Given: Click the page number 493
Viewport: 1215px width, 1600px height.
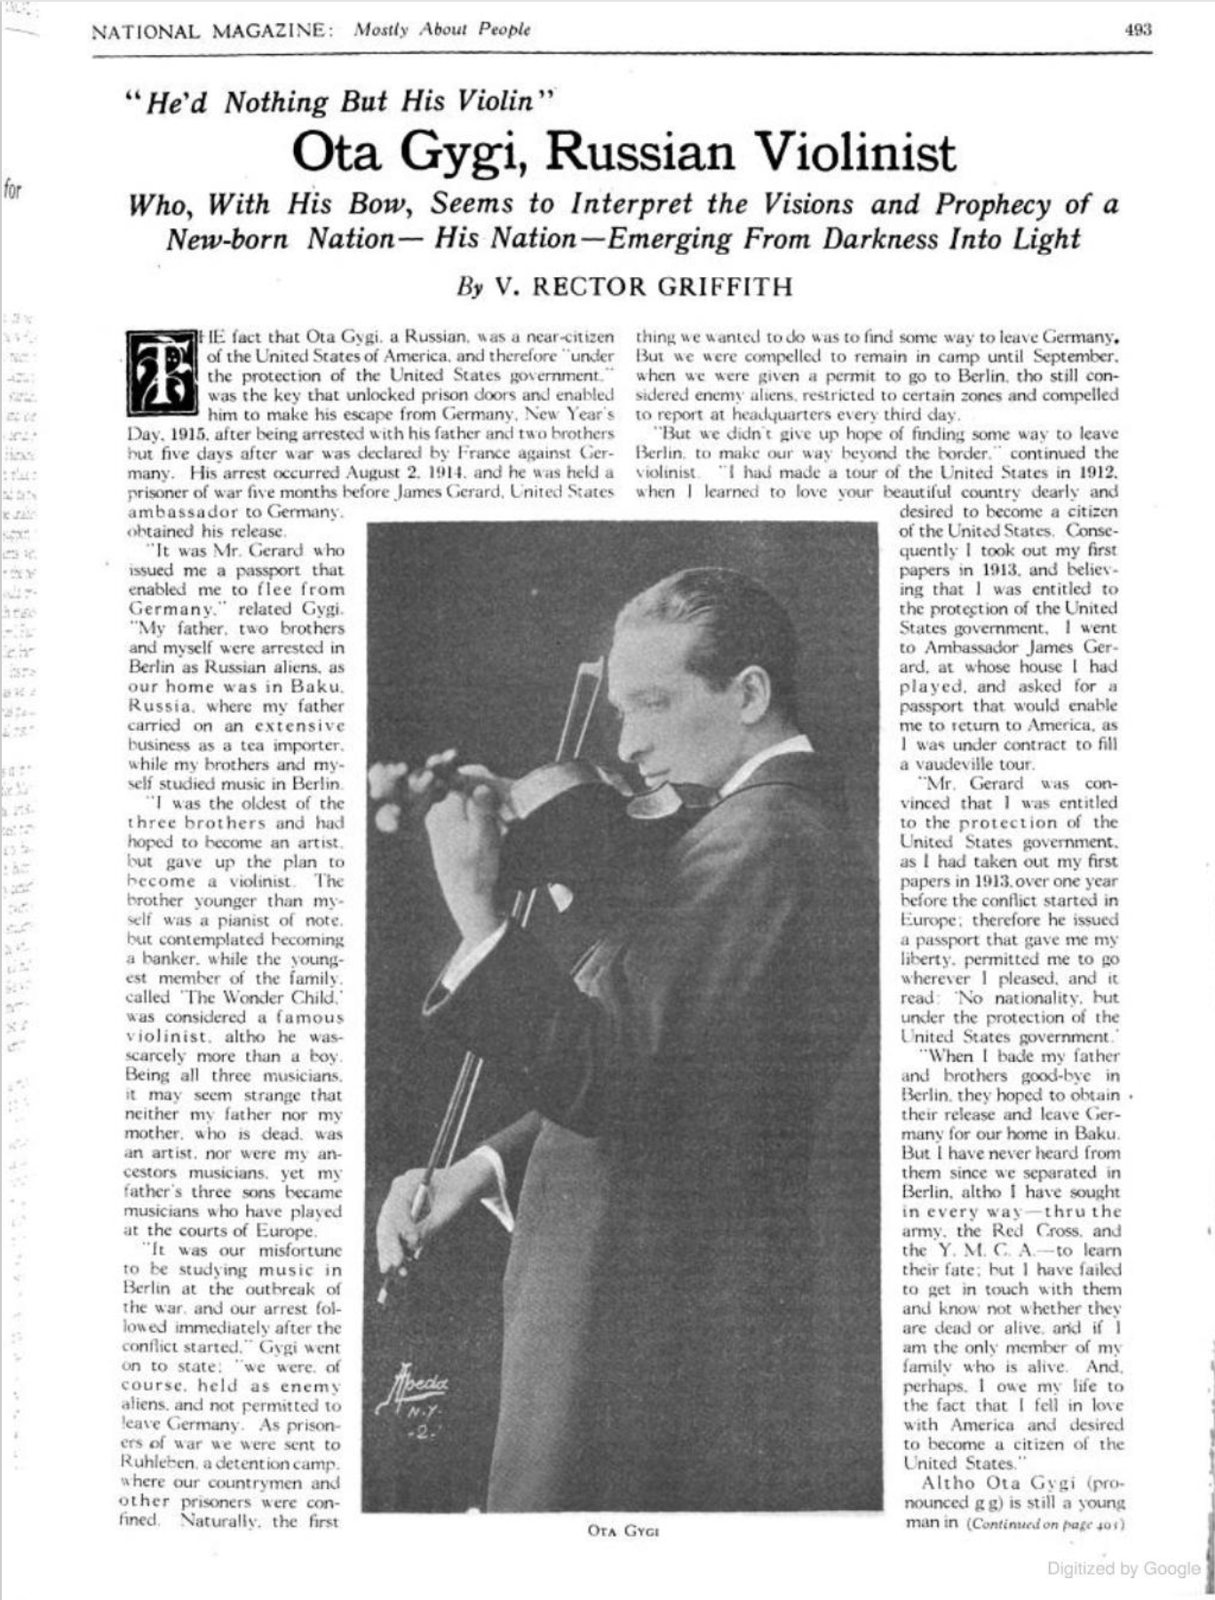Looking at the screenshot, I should tap(1138, 29).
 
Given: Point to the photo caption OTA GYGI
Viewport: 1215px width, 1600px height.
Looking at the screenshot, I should tap(623, 1530).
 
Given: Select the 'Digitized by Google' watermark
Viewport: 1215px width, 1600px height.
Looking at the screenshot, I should tap(1124, 1568).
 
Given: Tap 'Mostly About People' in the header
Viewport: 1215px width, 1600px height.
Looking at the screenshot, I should tap(441, 29).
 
